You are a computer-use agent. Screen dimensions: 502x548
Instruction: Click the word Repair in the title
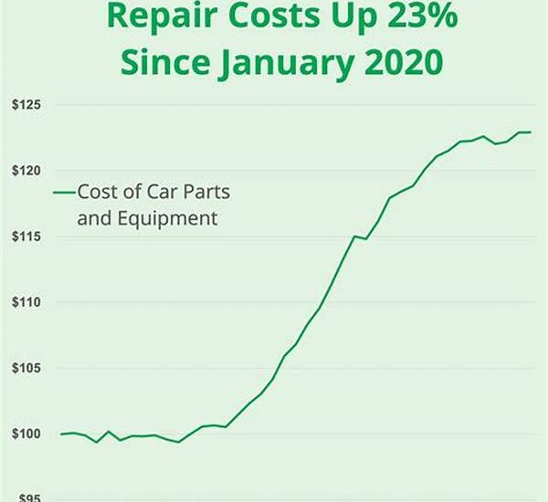[156, 16]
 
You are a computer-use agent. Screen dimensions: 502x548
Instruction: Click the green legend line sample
[63, 193]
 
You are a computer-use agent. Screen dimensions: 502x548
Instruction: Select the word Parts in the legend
[208, 192]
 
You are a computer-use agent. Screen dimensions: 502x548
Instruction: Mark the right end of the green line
[531, 132]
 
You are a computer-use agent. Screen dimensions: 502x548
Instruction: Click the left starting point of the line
[61, 434]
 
